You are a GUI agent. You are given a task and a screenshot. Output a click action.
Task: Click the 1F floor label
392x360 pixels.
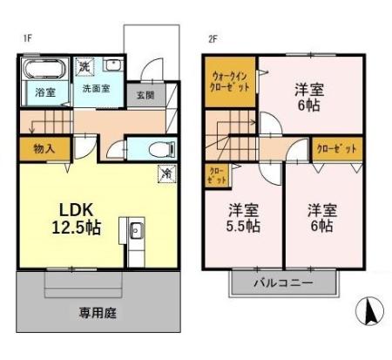click(x=27, y=38)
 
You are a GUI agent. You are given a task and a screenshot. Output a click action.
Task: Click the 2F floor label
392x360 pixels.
click(x=212, y=38)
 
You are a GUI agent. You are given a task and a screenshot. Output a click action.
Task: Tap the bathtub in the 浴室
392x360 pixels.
click(x=44, y=68)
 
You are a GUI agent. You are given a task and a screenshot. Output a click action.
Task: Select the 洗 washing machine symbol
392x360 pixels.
click(x=84, y=66)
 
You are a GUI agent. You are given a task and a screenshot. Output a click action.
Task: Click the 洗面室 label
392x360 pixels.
click(x=95, y=88)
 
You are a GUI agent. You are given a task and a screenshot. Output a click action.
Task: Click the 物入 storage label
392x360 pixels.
click(x=44, y=149)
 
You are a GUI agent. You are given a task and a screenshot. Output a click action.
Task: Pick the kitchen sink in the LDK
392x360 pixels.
click(x=138, y=232)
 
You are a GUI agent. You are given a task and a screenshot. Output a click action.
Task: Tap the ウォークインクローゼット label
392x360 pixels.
click(x=231, y=84)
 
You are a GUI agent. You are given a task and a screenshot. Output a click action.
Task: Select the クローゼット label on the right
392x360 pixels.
click(x=337, y=149)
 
